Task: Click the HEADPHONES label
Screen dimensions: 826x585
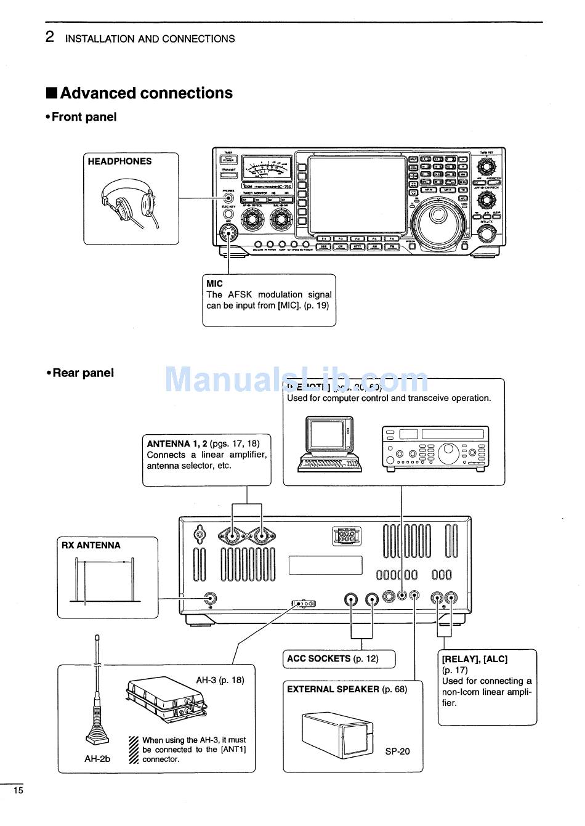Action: pyautogui.click(x=119, y=161)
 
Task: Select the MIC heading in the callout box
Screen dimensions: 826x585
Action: pyautogui.click(x=215, y=284)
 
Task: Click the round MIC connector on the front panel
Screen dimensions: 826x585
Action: pyautogui.click(x=228, y=234)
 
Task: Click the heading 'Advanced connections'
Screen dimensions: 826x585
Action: pyautogui.click(x=146, y=93)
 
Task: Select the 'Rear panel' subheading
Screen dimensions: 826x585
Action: pyautogui.click(x=83, y=373)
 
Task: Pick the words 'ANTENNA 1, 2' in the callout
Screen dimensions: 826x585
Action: pyautogui.click(x=177, y=443)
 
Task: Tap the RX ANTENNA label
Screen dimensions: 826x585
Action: pyautogui.click(x=91, y=545)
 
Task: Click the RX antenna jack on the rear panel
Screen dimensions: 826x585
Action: pyautogui.click(x=211, y=599)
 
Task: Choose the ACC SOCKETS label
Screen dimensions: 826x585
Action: pyautogui.click(x=318, y=658)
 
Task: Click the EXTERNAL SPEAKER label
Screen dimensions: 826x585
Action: pyautogui.click(x=333, y=689)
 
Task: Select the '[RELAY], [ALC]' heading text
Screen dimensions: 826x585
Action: pyautogui.click(x=474, y=659)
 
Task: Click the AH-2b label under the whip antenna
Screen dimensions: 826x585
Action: pyautogui.click(x=97, y=759)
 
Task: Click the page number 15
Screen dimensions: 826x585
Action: pyautogui.click(x=18, y=790)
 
